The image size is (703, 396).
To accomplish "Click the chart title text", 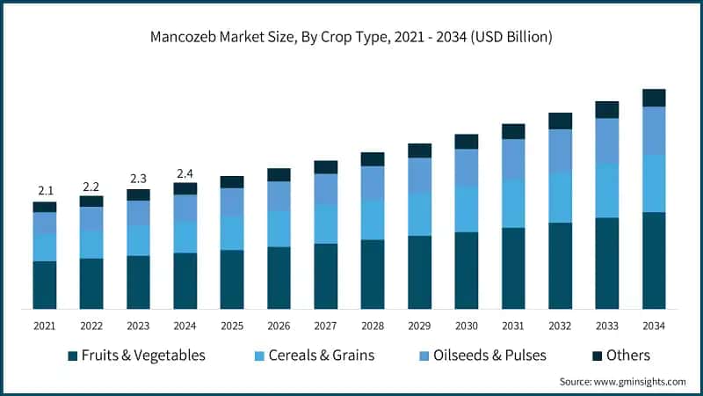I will (x=351, y=38).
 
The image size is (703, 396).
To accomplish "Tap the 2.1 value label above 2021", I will (x=44, y=191).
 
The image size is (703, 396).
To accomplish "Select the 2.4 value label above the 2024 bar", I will (x=185, y=172).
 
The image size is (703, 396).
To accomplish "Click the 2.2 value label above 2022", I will (x=91, y=186).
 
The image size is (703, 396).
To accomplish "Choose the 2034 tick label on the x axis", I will (x=654, y=326).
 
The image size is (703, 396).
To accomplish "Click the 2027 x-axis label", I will (x=325, y=326).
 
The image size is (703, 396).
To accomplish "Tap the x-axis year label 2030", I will (x=466, y=326).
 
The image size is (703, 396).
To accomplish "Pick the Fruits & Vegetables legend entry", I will (x=136, y=356).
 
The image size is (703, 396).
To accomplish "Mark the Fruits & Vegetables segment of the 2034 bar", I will (x=654, y=260).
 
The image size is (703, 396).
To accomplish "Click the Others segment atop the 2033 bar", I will (x=607, y=109).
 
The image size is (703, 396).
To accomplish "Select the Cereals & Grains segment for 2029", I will (x=419, y=214).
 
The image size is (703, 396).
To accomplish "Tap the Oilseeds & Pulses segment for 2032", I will (x=560, y=150).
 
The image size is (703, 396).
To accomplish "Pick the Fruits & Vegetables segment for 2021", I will (x=44, y=285).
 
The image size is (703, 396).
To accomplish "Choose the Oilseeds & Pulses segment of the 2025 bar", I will (x=232, y=202).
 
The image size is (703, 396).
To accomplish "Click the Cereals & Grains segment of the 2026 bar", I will (x=279, y=229).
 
